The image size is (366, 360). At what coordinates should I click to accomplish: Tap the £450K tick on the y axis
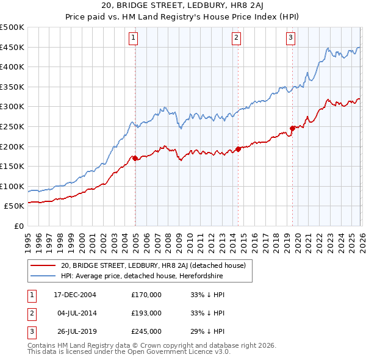[13, 48]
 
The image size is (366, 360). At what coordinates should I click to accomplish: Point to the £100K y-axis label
[13, 187]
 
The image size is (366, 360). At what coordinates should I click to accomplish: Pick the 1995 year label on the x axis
[27, 238]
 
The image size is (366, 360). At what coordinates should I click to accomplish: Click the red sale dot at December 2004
[135, 158]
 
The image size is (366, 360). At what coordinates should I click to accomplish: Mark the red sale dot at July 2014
[238, 149]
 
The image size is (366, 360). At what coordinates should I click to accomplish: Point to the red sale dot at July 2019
[292, 128]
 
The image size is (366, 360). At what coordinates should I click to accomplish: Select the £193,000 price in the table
[146, 313]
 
